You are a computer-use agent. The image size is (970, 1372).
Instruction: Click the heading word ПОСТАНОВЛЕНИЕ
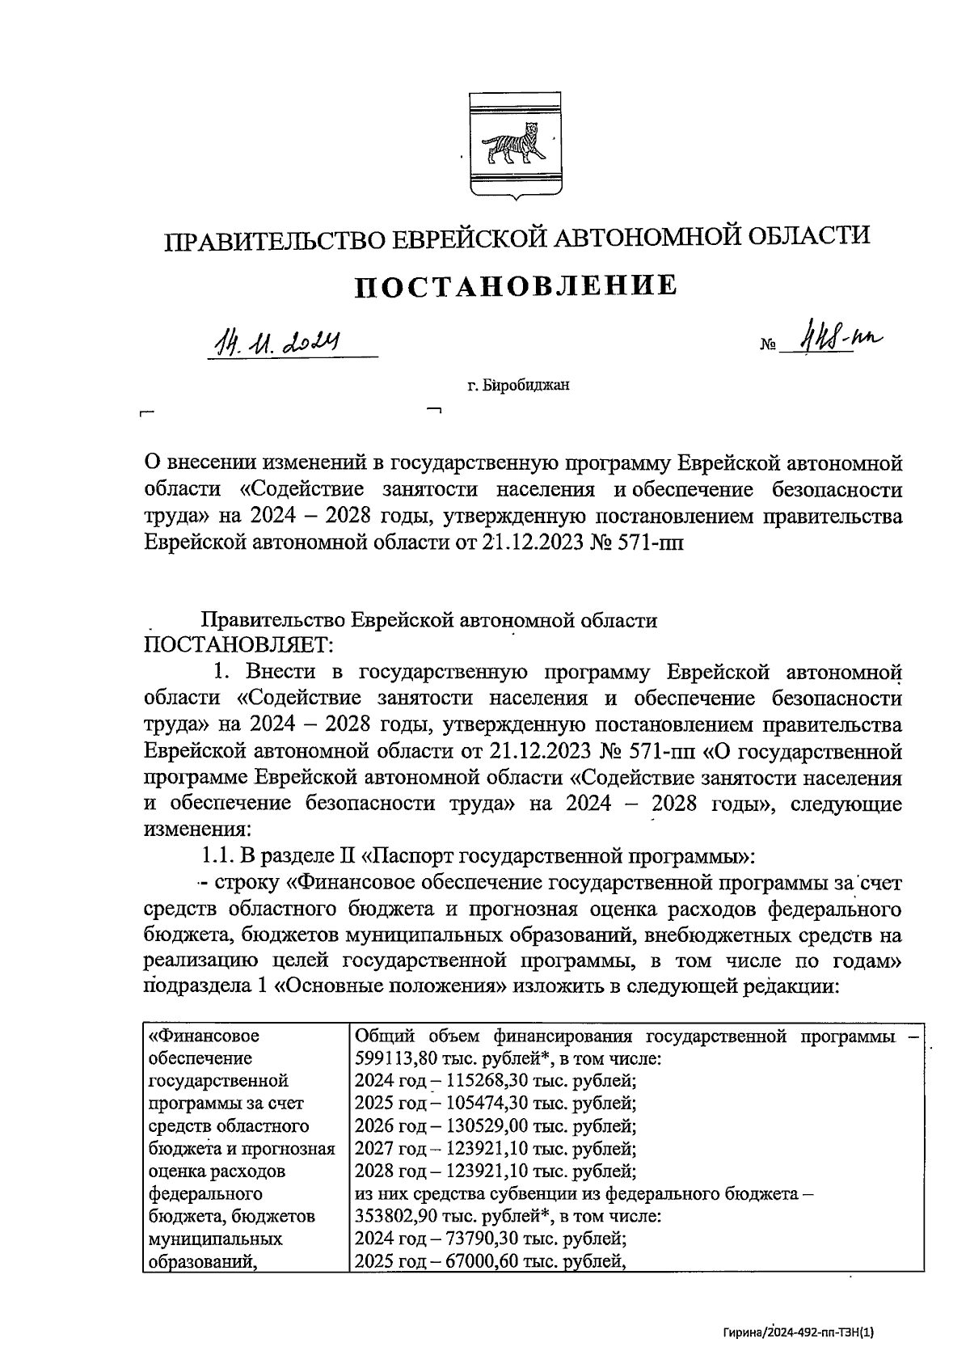click(x=517, y=286)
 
